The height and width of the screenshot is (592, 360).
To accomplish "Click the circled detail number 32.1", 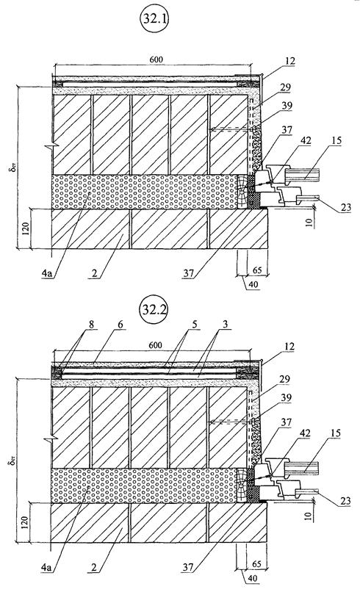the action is point(154,18).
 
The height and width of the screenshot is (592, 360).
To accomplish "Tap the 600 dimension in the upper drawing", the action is point(156,59).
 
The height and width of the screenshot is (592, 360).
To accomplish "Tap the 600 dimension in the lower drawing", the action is point(155,345).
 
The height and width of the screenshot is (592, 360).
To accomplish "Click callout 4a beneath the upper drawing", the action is point(46,273).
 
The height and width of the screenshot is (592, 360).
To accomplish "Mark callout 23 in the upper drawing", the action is point(345,207).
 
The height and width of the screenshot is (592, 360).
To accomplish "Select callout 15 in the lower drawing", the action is point(335,433).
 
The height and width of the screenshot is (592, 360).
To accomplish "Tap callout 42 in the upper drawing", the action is point(305,140).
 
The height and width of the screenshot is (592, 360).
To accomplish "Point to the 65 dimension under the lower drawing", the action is point(256,564).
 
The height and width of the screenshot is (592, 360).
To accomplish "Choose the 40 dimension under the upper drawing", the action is point(253,284).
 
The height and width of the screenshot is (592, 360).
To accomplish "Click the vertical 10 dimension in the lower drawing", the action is point(309,516).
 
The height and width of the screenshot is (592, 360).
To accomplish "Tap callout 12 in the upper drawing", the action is point(289,62).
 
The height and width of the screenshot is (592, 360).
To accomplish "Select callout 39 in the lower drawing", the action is point(287,397).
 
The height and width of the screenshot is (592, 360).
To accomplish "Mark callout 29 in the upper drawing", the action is point(286,87).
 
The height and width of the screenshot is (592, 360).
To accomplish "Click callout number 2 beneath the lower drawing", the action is point(95,566).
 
